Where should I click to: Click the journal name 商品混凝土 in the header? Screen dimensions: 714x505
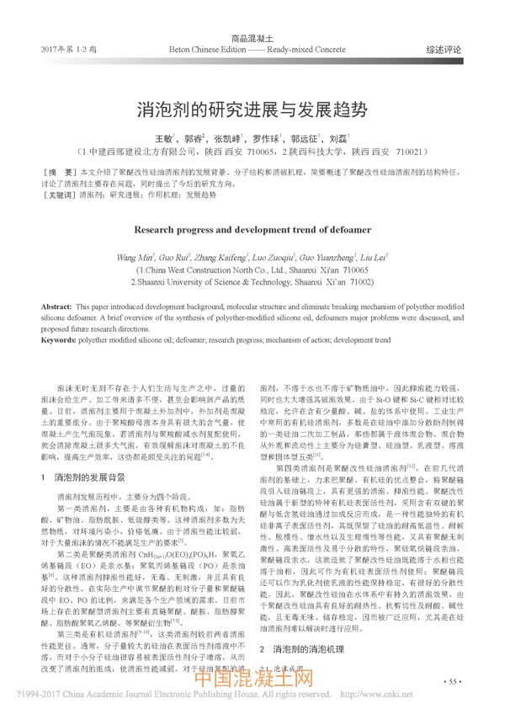pos(252,39)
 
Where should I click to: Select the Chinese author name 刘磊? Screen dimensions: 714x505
pos(338,138)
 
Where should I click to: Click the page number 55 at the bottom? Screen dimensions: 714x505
pos(454,679)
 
